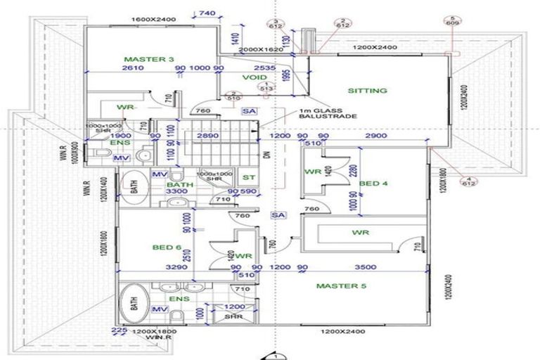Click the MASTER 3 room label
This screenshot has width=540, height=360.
(148, 59)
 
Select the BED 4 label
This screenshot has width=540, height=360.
(374, 184)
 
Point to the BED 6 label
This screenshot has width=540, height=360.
(167, 247)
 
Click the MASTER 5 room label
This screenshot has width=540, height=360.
(340, 286)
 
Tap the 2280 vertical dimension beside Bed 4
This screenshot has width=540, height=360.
(352, 169)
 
